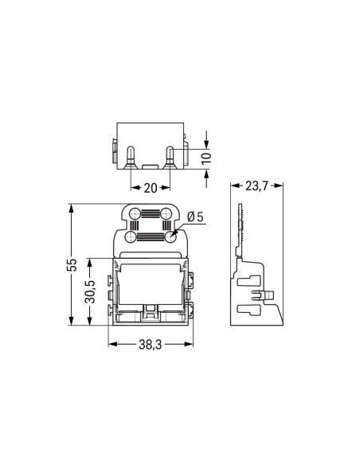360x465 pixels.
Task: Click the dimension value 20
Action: pyautogui.click(x=150, y=189)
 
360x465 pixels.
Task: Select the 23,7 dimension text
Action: pyautogui.click(x=257, y=186)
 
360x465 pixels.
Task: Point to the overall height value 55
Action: pyautogui.click(x=71, y=264)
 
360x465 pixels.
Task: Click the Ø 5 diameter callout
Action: pyautogui.click(x=195, y=217)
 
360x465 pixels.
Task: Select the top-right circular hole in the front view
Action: pyautogui.click(x=167, y=214)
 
